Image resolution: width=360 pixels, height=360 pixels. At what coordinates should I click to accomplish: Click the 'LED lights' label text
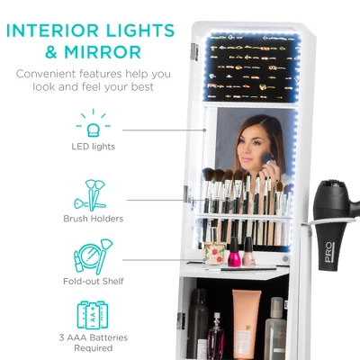93,146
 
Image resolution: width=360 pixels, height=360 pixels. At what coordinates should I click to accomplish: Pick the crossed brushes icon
93,193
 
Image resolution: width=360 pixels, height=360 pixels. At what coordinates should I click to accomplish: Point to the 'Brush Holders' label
93,218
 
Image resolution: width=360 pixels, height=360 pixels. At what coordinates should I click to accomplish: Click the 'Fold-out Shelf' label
93,281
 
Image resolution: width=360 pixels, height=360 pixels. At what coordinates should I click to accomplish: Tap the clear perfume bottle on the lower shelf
215,337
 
